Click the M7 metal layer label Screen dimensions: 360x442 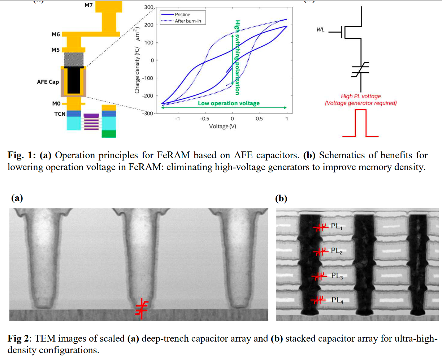click(89, 5)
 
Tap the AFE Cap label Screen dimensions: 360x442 click(48, 82)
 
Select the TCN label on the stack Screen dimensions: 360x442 click(60, 114)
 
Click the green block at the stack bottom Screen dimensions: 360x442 click(109, 134)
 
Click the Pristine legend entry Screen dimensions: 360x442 click(182, 15)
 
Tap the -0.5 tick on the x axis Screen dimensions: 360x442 click(205, 119)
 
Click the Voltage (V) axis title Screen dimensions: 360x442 click(222, 126)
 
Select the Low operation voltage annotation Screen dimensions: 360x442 click(229, 103)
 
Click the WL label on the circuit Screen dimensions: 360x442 click(320, 30)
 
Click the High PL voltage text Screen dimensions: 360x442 click(361, 96)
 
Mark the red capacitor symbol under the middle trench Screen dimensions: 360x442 click(142, 309)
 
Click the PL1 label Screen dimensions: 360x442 click(337, 227)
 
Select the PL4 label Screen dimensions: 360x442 click(337, 300)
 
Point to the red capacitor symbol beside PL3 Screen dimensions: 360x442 click(318, 277)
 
